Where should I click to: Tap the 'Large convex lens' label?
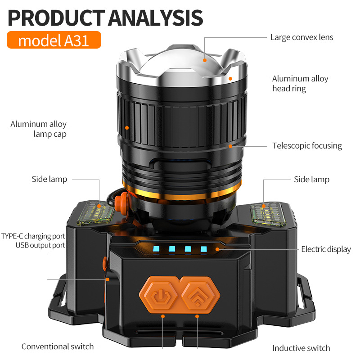pyautogui.click(x=301, y=37)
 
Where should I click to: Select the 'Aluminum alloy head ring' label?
pyautogui.click(x=300, y=84)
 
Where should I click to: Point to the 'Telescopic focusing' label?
pyautogui.click(x=307, y=146)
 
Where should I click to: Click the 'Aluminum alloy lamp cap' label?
pyautogui.click(x=39, y=129)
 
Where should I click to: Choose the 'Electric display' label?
pyautogui.click(x=326, y=249)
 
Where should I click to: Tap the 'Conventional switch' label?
pyautogui.click(x=58, y=346)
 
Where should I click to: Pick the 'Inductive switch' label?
pyautogui.click(x=301, y=348)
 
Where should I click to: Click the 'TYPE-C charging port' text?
pyautogui.click(x=33, y=236)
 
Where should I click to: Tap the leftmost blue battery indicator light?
pyautogui.click(x=156, y=248)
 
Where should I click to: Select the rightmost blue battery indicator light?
pyautogui.click(x=203, y=248)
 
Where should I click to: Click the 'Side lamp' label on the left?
pyautogui.click(x=49, y=179)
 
